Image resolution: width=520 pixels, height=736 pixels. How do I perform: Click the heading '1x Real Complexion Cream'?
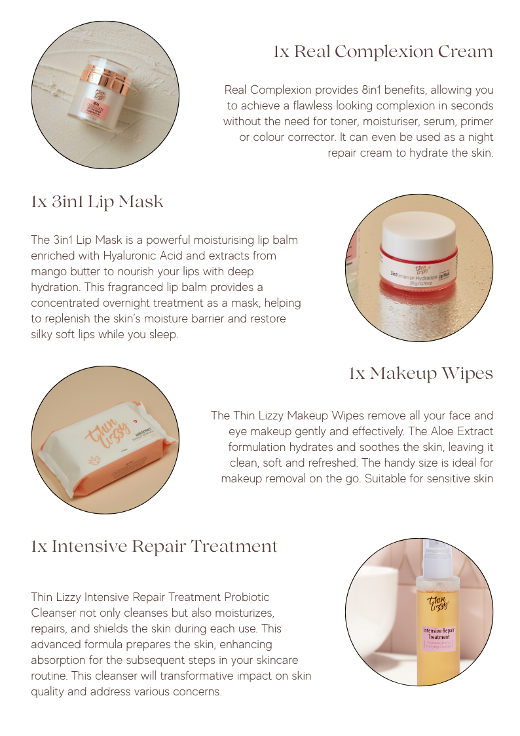(x=383, y=52)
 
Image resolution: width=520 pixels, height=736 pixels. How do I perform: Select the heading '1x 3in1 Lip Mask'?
(x=97, y=202)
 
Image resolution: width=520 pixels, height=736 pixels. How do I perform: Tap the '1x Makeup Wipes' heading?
(x=420, y=374)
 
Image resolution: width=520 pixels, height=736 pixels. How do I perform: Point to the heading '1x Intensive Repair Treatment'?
(x=155, y=547)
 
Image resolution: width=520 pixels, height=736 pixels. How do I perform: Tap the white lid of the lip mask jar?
(x=418, y=233)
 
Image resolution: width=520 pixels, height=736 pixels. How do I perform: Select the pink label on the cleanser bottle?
(x=439, y=638)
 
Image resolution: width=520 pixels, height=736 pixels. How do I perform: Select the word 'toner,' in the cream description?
(x=344, y=121)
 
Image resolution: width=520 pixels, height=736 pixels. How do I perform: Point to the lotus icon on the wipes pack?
(x=94, y=461)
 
